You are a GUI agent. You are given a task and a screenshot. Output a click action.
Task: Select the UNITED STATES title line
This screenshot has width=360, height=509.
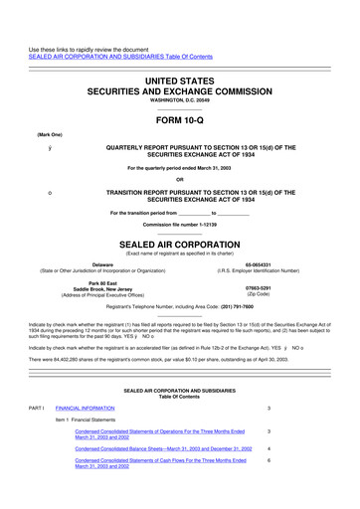point(179,63)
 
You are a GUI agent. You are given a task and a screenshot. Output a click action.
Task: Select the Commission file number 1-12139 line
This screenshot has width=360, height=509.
point(179,224)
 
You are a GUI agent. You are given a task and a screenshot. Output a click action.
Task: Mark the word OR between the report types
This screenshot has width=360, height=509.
point(179,180)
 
